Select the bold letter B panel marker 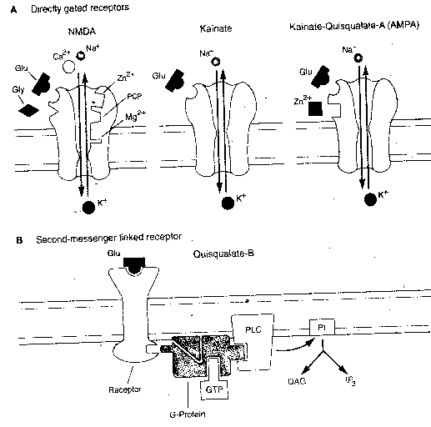coord(7,240)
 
